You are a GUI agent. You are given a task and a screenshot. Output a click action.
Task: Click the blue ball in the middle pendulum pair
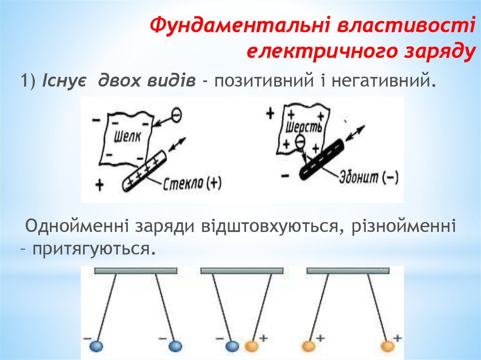click(232, 346)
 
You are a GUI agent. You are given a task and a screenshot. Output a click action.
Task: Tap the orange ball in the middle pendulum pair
click(251, 346)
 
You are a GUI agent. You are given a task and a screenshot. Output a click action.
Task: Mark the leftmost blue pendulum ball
click(96, 346)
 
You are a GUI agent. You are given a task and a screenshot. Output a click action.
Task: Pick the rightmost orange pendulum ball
click(387, 346)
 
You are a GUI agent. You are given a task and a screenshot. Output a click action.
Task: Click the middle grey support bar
click(241, 271)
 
